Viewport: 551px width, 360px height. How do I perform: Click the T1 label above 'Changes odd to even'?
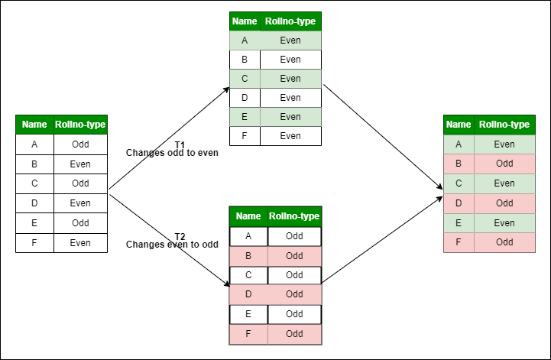click(180, 144)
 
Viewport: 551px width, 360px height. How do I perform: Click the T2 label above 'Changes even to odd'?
click(180, 235)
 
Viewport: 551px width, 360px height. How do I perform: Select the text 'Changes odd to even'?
click(172, 153)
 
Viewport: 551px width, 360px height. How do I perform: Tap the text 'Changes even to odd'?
click(172, 245)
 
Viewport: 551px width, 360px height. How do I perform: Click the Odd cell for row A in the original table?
click(80, 144)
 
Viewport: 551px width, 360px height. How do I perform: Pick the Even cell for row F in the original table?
click(80, 243)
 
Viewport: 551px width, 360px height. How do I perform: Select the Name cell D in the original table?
click(34, 203)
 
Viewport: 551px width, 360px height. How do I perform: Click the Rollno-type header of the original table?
click(80, 125)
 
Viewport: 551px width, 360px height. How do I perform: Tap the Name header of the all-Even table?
click(245, 21)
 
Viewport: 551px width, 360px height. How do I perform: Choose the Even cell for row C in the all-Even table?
click(290, 79)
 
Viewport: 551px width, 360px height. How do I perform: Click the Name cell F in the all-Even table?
click(245, 136)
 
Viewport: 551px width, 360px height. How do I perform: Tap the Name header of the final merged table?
click(459, 125)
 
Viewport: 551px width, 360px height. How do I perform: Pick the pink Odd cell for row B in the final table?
click(504, 164)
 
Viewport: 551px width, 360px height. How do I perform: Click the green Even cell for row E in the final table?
click(504, 223)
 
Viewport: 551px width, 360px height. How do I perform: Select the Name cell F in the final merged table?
click(459, 243)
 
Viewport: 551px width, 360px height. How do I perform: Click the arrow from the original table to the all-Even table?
click(170, 138)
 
